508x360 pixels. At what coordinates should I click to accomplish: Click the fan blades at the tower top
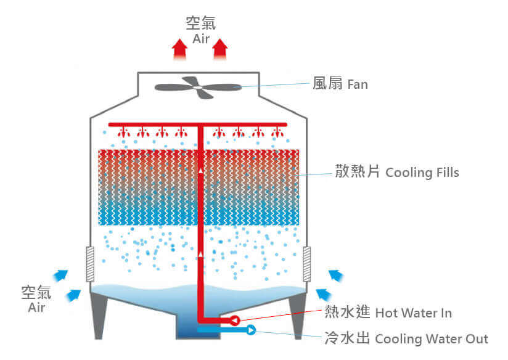pos(197,87)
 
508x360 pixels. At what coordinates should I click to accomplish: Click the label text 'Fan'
pos(358,84)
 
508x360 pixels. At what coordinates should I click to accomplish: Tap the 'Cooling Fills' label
pos(422,172)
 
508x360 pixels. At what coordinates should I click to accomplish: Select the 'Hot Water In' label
pos(413,313)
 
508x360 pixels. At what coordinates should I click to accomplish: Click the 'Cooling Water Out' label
pos(432,338)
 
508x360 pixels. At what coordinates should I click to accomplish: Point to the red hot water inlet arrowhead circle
pos(235,319)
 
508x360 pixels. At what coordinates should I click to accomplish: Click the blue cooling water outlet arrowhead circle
pos(252,330)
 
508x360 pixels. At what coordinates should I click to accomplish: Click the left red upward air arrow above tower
pos(179,49)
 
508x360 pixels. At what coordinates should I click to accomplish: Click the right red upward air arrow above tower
pos(220,49)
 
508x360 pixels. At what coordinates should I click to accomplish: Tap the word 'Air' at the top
pos(201,39)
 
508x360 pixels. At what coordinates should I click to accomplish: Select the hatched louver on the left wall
pos(89,265)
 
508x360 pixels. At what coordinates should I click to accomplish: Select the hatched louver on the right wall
pos(306,265)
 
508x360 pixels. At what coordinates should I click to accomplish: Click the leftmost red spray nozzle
pos(123,131)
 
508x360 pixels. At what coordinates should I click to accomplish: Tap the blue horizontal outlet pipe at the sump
pos(222,330)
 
